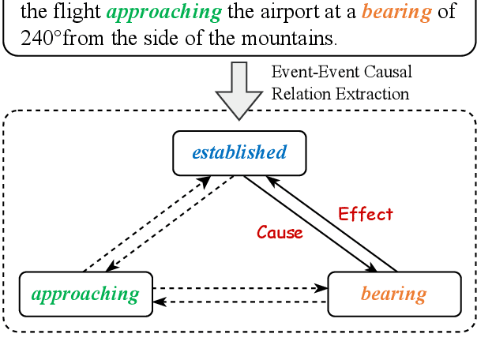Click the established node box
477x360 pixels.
(238, 152)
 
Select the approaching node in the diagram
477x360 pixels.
(85, 294)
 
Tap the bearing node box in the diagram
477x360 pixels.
(393, 294)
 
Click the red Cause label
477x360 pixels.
(280, 233)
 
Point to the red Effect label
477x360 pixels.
(365, 213)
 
